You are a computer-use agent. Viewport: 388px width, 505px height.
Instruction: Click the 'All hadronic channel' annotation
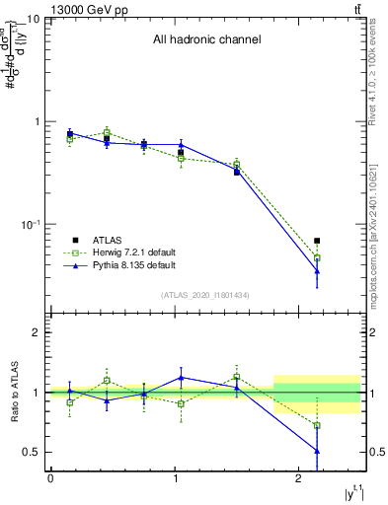click(206, 40)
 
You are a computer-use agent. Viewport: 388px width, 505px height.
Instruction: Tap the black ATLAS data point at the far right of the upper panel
click(317, 241)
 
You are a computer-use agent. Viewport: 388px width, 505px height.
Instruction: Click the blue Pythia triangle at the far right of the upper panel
click(317, 270)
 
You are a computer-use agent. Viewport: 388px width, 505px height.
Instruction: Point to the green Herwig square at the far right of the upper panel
click(317, 258)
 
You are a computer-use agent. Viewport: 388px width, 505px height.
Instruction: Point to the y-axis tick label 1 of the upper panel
click(39, 121)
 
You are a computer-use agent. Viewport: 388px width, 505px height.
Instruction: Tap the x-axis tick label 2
click(299, 478)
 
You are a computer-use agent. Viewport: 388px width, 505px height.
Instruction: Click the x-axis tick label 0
click(50, 478)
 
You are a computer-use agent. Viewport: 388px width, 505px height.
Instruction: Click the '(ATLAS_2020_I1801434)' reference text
click(205, 295)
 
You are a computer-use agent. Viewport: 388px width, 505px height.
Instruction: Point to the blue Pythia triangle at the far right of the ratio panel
click(317, 451)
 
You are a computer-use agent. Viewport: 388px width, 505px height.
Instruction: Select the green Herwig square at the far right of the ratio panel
click(317, 426)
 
